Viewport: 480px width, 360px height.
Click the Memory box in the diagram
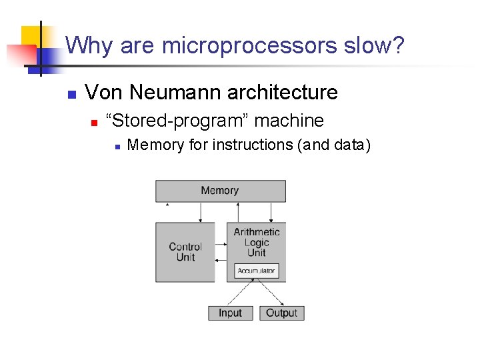point(220,191)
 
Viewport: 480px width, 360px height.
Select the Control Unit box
point(185,252)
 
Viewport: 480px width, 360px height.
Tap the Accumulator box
point(257,271)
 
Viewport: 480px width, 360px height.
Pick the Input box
point(230,313)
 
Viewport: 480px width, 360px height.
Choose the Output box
point(281,313)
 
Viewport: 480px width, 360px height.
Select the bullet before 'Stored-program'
point(95,122)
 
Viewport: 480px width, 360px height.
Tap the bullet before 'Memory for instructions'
point(117,145)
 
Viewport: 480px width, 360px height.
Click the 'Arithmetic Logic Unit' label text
point(257,242)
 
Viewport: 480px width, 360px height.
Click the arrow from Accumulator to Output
point(268,293)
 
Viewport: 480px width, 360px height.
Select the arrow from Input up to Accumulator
point(242,293)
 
